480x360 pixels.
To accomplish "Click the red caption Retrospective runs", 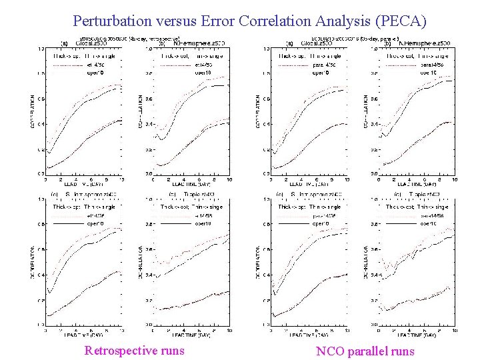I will coord(135,351).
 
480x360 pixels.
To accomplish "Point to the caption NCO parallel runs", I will coord(365,351).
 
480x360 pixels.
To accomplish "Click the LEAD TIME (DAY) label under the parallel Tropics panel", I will coord(413,334).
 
